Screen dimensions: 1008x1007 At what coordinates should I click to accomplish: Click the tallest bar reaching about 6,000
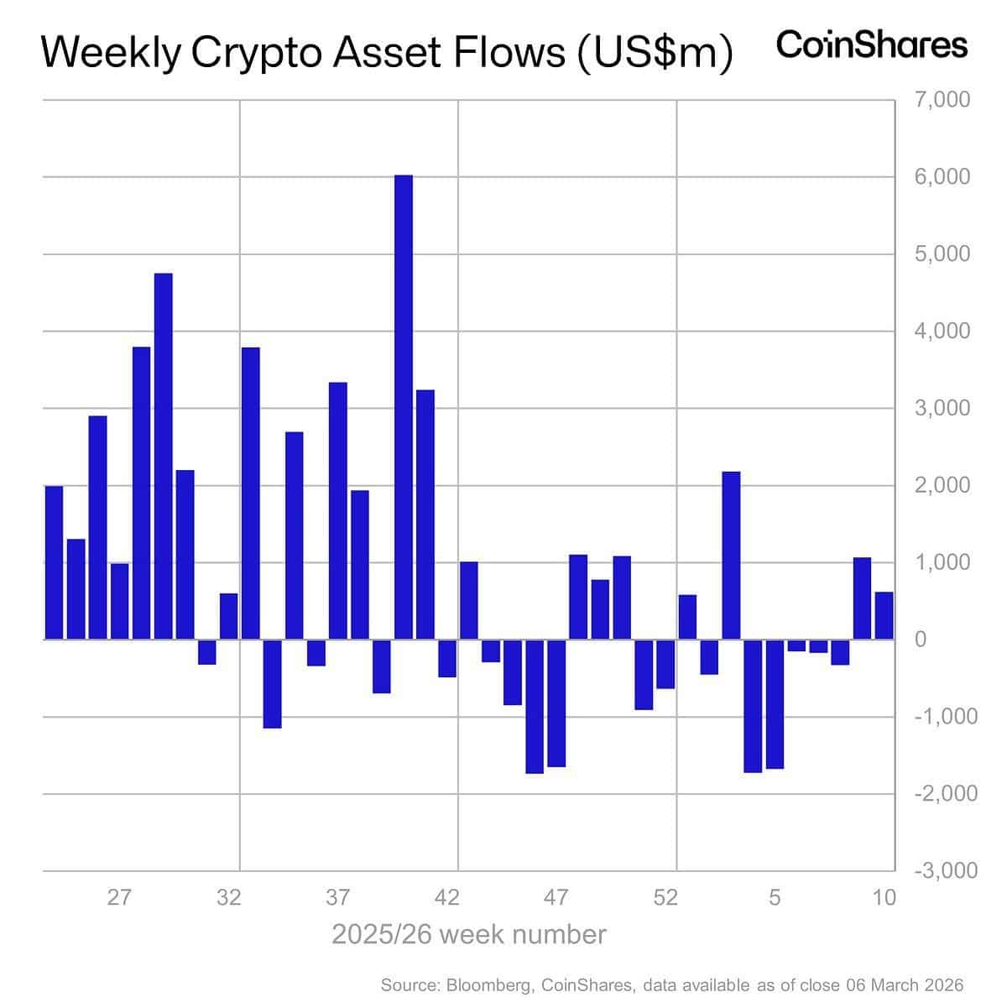pyautogui.click(x=404, y=407)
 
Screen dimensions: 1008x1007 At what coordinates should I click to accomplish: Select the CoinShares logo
pyautogui.click(x=872, y=44)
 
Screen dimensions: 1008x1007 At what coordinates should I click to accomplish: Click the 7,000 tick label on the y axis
pyautogui.click(x=942, y=100)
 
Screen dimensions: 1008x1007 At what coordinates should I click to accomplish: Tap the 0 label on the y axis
pyautogui.click(x=921, y=640)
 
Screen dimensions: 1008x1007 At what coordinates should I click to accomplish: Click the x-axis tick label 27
pyautogui.click(x=119, y=897)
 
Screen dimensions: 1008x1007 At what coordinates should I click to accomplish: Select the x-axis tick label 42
pyautogui.click(x=447, y=897)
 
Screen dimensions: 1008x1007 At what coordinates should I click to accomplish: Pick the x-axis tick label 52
pyautogui.click(x=665, y=897)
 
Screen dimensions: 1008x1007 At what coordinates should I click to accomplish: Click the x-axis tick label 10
pyautogui.click(x=884, y=897)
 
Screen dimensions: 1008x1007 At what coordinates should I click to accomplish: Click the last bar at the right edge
pyautogui.click(x=884, y=616)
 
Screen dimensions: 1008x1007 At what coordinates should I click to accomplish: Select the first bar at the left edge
pyautogui.click(x=54, y=562)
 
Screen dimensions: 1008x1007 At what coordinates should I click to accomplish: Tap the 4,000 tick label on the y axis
pyautogui.click(x=942, y=332)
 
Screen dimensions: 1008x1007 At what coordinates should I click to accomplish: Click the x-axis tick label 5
pyautogui.click(x=775, y=897)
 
